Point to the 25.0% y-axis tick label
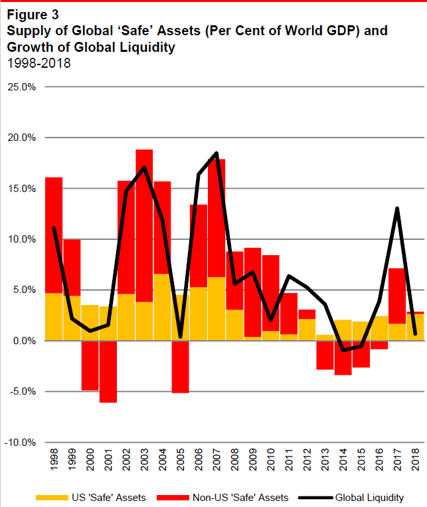click(22, 87)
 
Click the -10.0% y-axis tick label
click(21, 442)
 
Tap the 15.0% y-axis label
click(22, 189)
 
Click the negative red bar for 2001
click(108, 371)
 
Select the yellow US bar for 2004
click(162, 307)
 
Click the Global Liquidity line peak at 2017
click(397, 209)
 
